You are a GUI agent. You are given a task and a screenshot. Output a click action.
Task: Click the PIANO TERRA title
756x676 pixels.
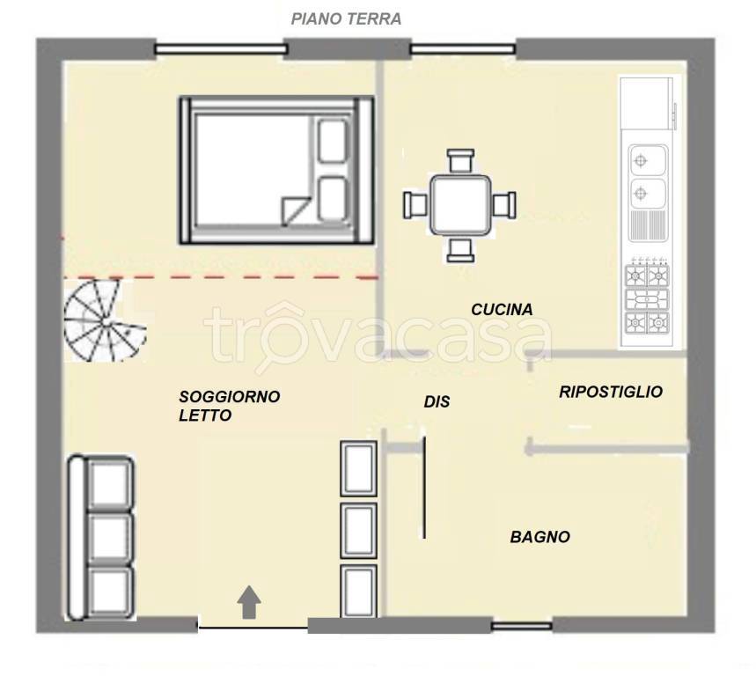346,18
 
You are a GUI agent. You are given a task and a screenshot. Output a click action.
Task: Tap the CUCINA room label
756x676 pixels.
502,310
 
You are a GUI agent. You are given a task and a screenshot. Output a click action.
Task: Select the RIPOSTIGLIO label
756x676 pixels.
611,392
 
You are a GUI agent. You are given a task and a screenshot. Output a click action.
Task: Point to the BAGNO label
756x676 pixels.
540,537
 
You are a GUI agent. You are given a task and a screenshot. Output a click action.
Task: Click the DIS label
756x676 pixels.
437,401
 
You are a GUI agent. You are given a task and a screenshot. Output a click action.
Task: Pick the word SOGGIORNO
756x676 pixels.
230,397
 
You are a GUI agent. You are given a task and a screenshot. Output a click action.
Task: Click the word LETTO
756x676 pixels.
205,415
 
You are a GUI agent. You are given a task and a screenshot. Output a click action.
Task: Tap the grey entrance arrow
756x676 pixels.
249,602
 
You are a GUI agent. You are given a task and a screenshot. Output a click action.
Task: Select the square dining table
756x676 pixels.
461,205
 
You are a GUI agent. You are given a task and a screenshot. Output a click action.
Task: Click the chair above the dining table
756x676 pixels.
460,160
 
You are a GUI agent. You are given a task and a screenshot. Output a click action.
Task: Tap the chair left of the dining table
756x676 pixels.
415,204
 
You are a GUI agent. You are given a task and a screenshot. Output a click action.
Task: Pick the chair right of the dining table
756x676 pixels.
504,204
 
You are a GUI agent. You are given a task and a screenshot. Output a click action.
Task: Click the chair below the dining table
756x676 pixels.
460,250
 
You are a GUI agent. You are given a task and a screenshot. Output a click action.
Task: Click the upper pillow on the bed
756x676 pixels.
332,141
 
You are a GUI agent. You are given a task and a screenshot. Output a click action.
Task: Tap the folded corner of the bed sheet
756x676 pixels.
295,209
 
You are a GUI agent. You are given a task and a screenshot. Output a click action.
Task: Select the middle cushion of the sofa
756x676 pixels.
110,539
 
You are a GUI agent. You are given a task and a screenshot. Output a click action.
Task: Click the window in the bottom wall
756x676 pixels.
522,627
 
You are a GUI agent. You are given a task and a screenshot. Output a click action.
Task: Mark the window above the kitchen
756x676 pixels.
463,48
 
